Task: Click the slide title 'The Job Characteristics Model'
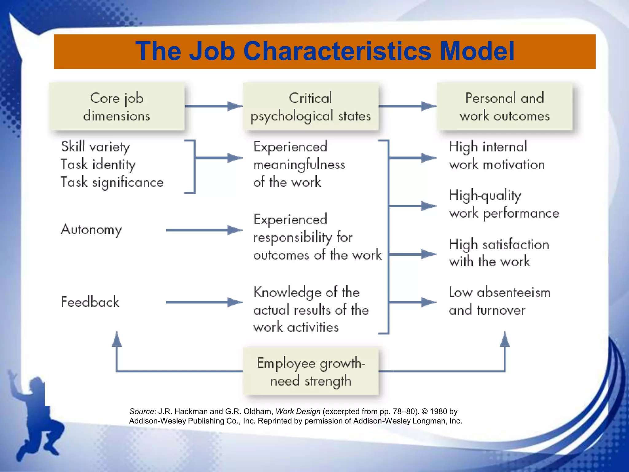(325, 51)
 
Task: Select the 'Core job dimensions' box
(117, 107)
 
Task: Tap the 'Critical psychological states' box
(311, 107)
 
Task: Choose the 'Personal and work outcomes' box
(505, 107)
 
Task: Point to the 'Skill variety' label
(96, 147)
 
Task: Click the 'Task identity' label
(98, 165)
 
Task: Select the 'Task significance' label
(112, 183)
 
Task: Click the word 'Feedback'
(90, 302)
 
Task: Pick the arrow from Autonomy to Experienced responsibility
(204, 230)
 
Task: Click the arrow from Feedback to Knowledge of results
(204, 302)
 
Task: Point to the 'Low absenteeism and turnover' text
(499, 301)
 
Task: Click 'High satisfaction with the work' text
(499, 253)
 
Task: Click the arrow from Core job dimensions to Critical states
(213, 106)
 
